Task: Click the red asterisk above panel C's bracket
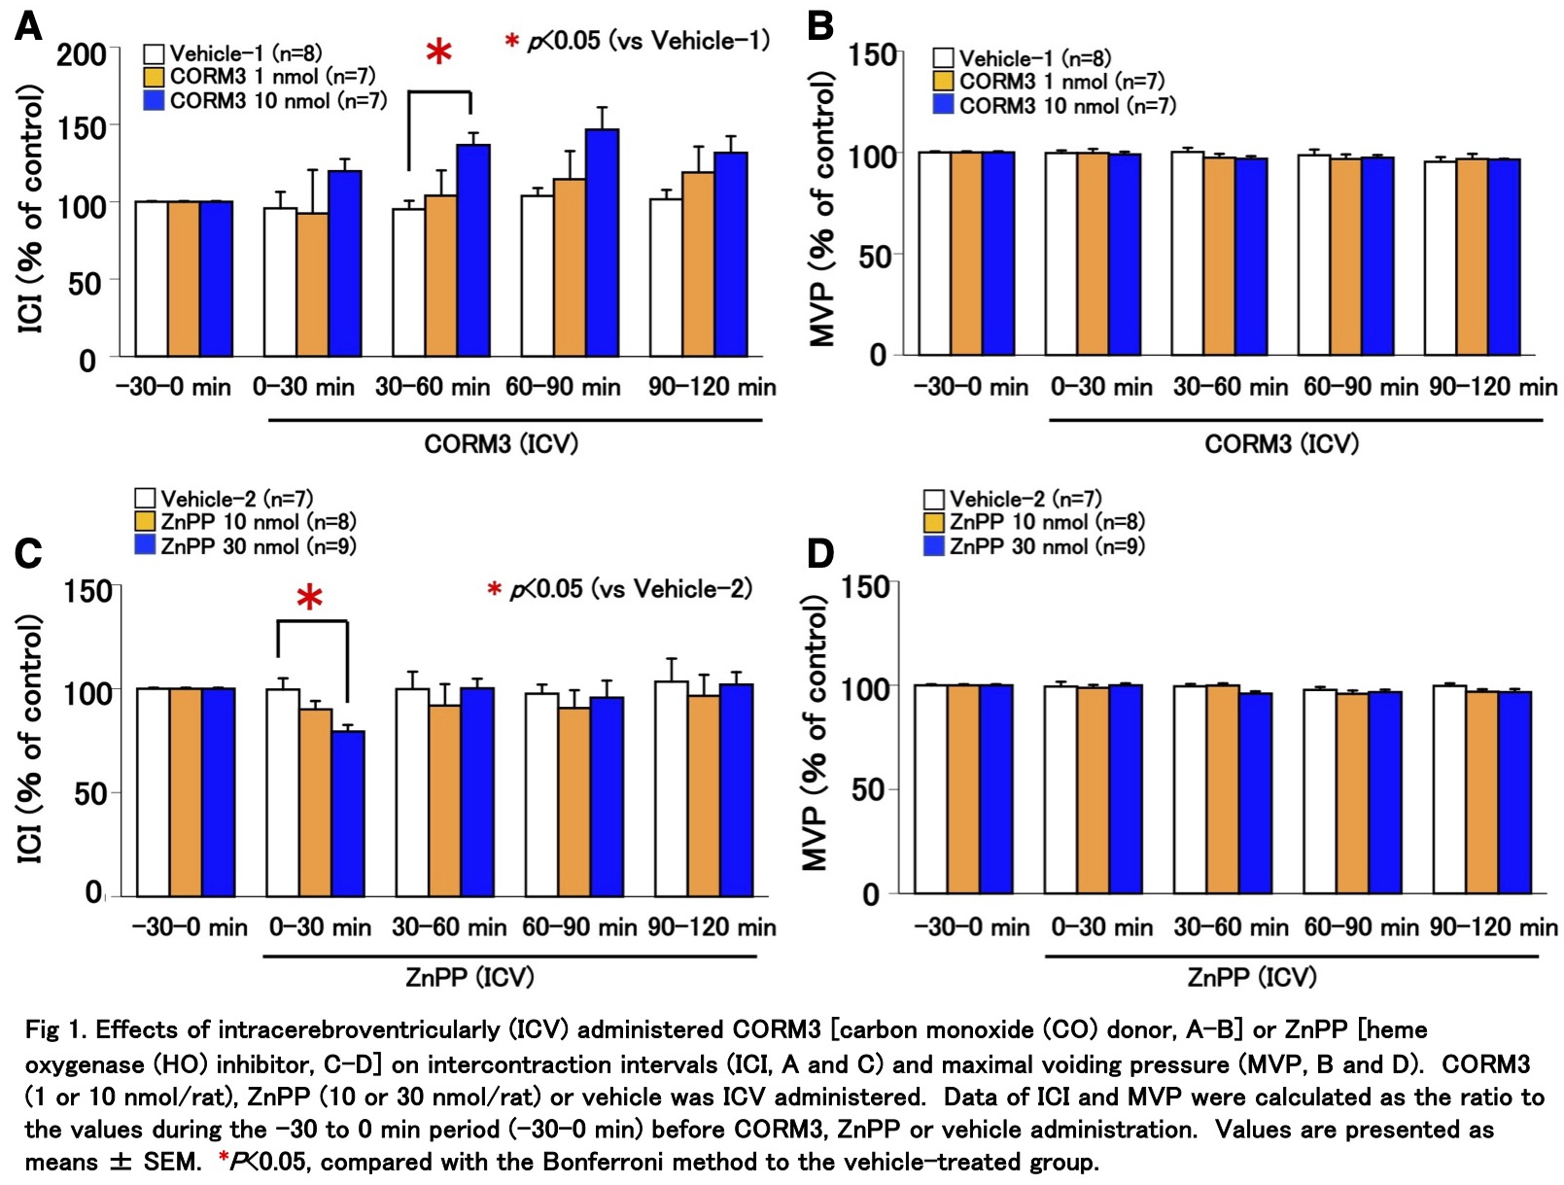click(309, 599)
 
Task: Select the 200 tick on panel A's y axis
click(81, 54)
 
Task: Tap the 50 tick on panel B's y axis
click(875, 257)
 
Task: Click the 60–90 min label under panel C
click(579, 926)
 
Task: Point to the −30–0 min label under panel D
click(971, 926)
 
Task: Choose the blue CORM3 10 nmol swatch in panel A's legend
click(154, 100)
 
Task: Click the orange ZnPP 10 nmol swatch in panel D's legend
click(934, 522)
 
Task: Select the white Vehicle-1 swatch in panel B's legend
click(943, 58)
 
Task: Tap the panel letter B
click(820, 26)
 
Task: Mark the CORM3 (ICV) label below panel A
click(501, 444)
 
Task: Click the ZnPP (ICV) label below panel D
click(1251, 977)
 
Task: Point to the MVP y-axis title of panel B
click(822, 209)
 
